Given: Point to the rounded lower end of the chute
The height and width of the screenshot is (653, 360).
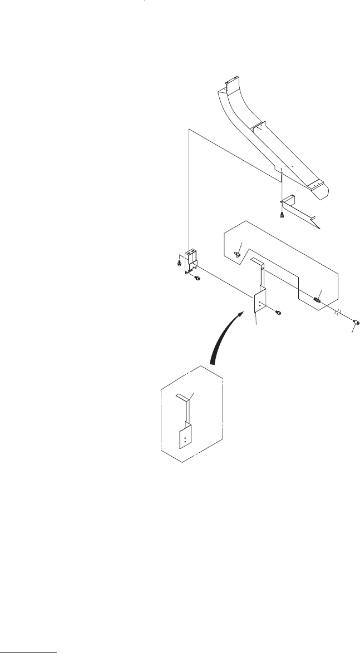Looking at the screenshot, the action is pyautogui.click(x=323, y=192).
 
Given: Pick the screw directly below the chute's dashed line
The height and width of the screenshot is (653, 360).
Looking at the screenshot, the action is pyautogui.click(x=282, y=215).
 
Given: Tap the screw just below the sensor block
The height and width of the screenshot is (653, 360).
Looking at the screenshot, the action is pyautogui.click(x=196, y=279).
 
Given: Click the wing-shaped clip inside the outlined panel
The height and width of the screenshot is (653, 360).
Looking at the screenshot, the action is pyautogui.click(x=238, y=253).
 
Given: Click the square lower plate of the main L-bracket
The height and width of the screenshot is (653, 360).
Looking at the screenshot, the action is pyautogui.click(x=260, y=303).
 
